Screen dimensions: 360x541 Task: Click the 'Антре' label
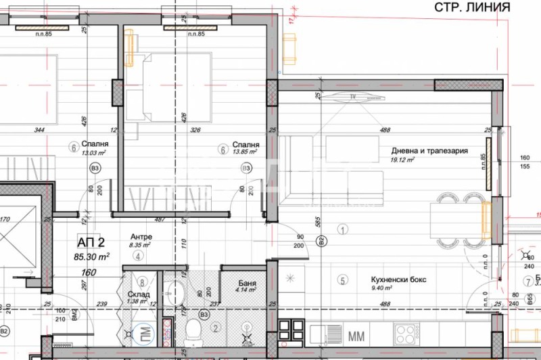tap(141, 236)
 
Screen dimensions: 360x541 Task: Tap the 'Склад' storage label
tap(139, 294)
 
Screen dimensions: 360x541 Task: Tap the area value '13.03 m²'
tap(95, 153)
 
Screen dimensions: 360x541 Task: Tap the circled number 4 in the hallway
tap(137, 256)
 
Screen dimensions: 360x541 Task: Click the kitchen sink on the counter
tap(325, 334)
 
